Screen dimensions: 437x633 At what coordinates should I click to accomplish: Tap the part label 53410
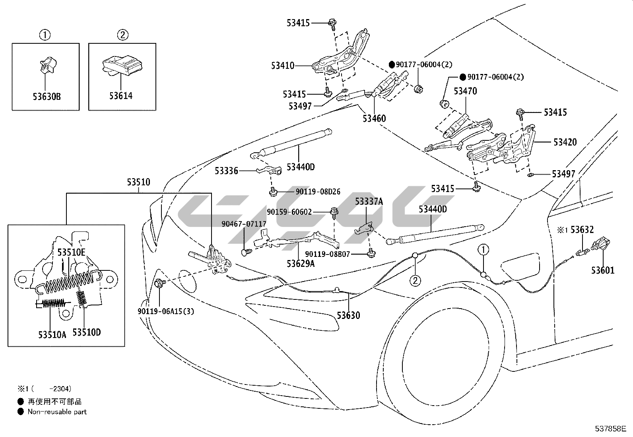tap(283, 66)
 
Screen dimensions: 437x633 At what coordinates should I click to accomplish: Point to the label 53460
tap(374, 118)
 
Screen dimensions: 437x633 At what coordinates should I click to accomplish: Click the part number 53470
tap(465, 91)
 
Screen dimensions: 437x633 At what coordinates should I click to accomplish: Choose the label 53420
tap(565, 142)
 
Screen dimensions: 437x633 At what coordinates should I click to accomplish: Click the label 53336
tap(226, 171)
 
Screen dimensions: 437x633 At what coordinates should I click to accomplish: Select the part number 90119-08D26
tap(318, 192)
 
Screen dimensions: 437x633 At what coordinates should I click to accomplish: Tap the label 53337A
tap(369, 202)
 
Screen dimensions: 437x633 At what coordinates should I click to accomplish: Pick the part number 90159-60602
tap(289, 212)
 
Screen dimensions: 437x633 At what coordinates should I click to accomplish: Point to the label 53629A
tap(301, 263)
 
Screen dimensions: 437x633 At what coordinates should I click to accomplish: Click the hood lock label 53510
tap(139, 182)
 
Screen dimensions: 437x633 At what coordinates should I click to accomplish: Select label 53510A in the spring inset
tap(52, 334)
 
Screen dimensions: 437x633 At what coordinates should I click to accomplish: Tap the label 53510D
tap(86, 332)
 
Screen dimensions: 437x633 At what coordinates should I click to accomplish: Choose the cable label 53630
tap(348, 315)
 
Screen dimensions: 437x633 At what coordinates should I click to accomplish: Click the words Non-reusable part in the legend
tap(57, 412)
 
